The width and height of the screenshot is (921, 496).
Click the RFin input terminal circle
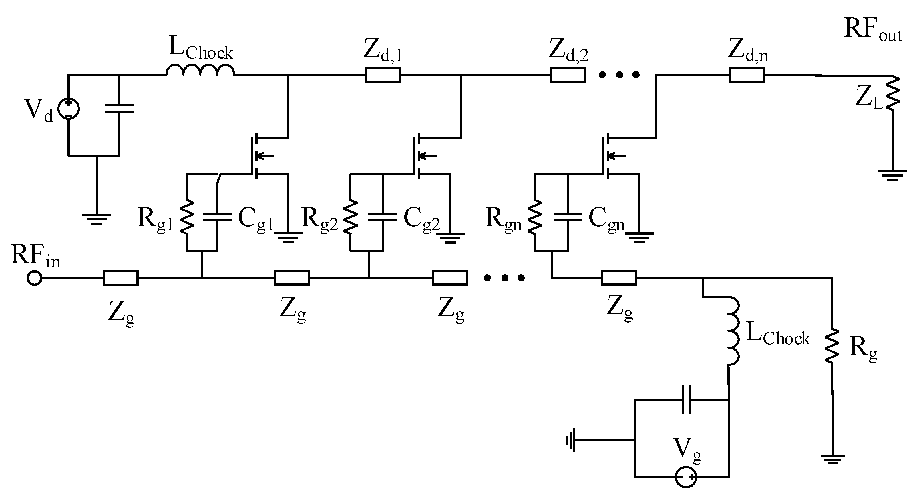[x=35, y=278]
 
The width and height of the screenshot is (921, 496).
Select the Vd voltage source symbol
[x=68, y=109]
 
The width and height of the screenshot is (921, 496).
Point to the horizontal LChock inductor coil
[x=200, y=70]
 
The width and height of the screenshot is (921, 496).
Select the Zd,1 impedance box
[x=382, y=75]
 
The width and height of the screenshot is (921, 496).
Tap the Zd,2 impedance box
[x=567, y=75]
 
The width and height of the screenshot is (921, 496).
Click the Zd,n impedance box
[x=747, y=75]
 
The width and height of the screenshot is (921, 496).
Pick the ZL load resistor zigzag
[x=893, y=94]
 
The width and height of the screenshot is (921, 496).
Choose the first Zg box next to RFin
[x=120, y=278]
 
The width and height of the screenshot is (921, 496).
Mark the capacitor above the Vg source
[x=686, y=399]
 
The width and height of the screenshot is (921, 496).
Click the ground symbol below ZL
[x=892, y=175]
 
